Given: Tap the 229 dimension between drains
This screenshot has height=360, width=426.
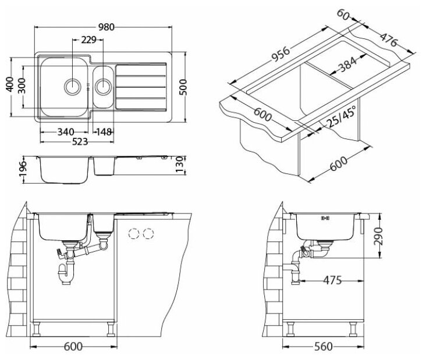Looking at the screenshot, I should point(88,40).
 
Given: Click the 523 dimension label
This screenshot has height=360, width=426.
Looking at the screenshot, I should point(77,141).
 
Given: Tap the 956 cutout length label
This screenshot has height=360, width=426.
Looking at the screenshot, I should point(280,55).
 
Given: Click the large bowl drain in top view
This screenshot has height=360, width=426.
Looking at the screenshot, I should point(72,87).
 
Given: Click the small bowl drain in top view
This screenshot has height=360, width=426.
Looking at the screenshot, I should point(104,87).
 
